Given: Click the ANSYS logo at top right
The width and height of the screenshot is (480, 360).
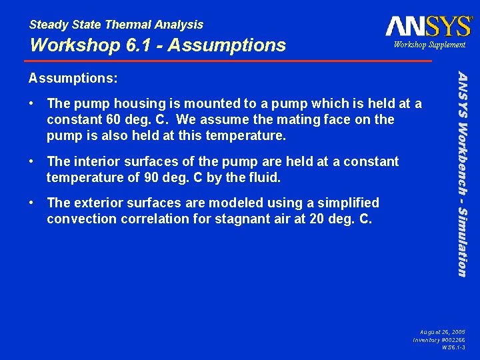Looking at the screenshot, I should click(428, 26).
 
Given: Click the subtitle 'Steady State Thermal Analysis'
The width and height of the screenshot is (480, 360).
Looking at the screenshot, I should click(116, 25).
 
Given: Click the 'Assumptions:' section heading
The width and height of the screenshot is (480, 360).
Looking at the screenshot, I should click(73, 78).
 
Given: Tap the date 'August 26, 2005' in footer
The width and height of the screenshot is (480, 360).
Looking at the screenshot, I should click(443, 331).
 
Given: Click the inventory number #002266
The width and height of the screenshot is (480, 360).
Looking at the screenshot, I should click(452, 339).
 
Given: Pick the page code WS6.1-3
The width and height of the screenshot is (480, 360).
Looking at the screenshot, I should click(454, 347).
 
